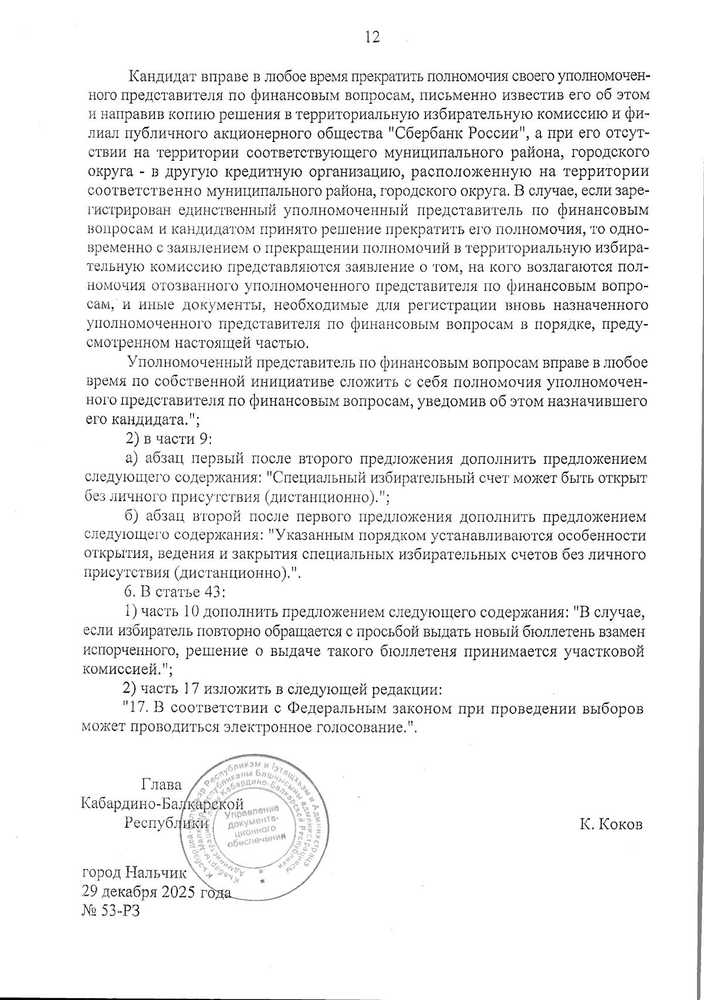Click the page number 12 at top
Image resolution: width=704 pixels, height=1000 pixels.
tap(372, 37)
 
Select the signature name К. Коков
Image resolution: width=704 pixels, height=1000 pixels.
tap(611, 824)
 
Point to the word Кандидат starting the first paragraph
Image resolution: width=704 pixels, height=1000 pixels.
tap(157, 77)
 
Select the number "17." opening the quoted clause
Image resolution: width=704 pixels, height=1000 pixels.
tap(136, 708)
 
